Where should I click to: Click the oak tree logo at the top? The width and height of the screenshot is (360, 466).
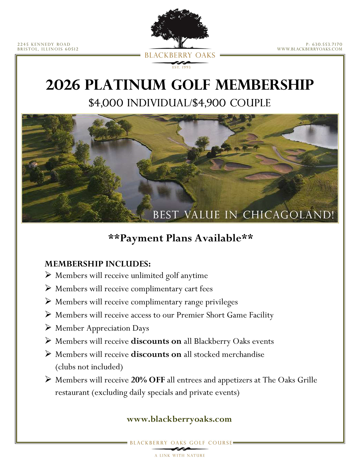180,29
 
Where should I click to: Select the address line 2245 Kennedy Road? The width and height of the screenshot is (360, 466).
44,44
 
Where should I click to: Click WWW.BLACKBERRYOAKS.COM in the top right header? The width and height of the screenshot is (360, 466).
310,49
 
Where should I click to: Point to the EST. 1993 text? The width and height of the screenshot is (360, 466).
181,67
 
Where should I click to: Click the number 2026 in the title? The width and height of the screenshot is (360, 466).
63,85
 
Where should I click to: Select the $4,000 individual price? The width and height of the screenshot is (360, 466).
106,103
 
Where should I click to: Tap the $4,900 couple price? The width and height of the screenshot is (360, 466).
209,103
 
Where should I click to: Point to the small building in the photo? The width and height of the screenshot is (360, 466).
33,164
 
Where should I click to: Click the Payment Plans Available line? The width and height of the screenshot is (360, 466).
180,238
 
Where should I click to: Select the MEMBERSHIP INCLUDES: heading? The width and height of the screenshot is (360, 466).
97,264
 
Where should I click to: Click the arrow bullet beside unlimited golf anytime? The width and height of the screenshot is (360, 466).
48,275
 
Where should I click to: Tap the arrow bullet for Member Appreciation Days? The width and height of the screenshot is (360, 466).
48,327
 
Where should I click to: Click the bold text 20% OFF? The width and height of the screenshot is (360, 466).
148,380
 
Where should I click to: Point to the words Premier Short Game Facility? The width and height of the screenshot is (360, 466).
225,315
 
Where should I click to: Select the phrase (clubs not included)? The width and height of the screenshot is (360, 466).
89,367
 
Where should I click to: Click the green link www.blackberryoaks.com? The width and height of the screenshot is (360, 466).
179,419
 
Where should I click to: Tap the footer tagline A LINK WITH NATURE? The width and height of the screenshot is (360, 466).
180,455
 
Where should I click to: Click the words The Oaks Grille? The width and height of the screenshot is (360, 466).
290,380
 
